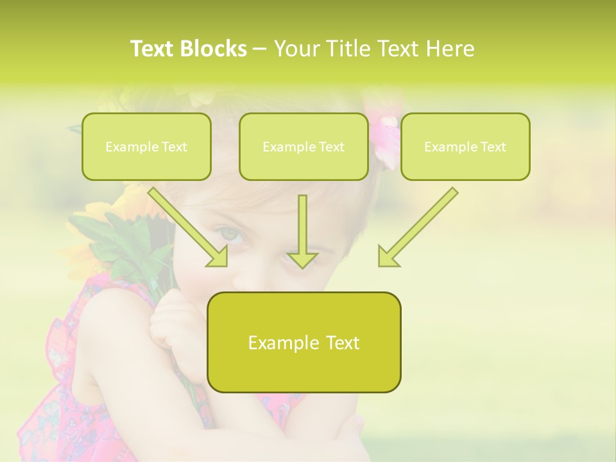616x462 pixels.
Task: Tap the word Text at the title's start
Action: click(154, 49)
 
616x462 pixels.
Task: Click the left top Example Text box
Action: click(146, 147)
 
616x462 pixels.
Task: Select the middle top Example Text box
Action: click(304, 147)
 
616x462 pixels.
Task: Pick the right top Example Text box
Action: click(465, 147)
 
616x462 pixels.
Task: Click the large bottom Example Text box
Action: click(304, 343)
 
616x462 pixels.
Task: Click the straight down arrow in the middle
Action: click(302, 228)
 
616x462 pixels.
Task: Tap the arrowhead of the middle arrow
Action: click(302, 259)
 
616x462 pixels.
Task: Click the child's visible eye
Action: click(232, 235)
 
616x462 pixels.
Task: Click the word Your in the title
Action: click(296, 49)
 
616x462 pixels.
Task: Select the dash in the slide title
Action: click(260, 49)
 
